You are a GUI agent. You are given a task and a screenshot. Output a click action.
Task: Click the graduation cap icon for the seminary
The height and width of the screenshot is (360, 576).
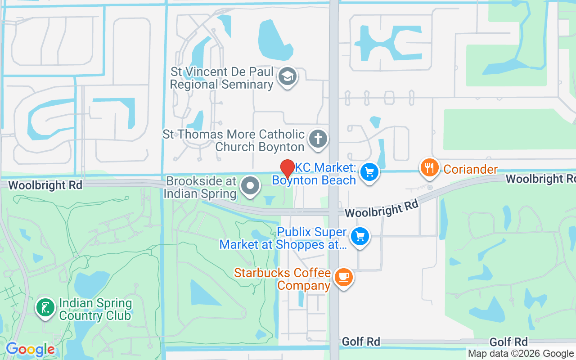point(286,76)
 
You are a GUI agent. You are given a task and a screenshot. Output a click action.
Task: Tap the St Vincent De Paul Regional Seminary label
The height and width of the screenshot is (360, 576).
point(222,78)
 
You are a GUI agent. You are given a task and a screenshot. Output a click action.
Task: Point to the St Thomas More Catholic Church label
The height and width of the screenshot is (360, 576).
point(234,140)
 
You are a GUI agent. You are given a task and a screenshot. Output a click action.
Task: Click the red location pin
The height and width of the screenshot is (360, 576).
point(288,169)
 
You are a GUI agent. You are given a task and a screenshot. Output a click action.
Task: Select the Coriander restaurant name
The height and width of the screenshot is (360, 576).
point(470,169)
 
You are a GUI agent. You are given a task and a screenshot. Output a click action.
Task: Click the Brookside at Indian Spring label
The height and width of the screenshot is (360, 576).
point(200,188)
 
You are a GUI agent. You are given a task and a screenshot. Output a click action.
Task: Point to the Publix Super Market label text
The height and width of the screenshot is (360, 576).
point(283,238)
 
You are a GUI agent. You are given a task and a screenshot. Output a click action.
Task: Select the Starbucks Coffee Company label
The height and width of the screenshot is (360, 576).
point(283,279)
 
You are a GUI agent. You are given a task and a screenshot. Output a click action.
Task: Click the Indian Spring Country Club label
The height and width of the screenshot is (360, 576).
point(95,309)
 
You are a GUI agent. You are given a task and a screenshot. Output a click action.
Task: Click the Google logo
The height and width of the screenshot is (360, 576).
point(30,349)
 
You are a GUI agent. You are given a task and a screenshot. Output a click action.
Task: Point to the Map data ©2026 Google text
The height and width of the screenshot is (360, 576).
point(521,354)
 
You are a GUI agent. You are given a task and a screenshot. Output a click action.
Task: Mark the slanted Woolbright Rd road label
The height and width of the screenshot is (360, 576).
point(382,209)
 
